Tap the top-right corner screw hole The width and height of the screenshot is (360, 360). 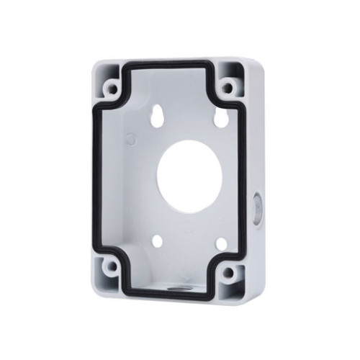click(x=228, y=89)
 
